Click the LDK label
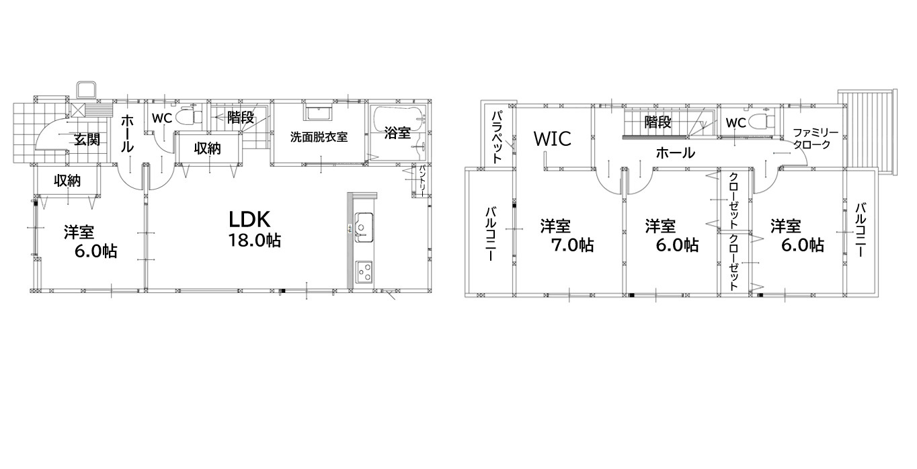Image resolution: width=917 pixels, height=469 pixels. (x=249, y=219)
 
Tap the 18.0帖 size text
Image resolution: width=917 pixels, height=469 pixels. (x=254, y=241)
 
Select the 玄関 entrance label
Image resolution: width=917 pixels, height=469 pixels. (x=87, y=139)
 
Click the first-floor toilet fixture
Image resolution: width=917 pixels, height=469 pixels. (x=189, y=117)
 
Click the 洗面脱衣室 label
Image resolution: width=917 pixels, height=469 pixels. (x=319, y=136)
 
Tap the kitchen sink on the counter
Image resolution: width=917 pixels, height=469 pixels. (x=364, y=228)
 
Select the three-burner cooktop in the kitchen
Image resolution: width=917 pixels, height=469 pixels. (x=364, y=271)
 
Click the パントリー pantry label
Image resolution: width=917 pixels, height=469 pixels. (x=422, y=181)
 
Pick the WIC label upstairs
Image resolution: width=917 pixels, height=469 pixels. (x=552, y=138)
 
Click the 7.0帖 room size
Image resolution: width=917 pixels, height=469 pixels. (x=572, y=245)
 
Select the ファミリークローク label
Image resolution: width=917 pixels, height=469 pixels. (x=815, y=138)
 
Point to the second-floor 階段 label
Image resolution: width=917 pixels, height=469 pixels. (x=658, y=122)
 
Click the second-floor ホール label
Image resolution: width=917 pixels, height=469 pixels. (x=676, y=153)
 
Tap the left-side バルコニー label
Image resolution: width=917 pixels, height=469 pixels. (x=491, y=234)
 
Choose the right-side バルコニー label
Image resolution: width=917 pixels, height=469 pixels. (x=861, y=230)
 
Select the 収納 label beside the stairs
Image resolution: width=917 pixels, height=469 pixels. (x=208, y=148)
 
